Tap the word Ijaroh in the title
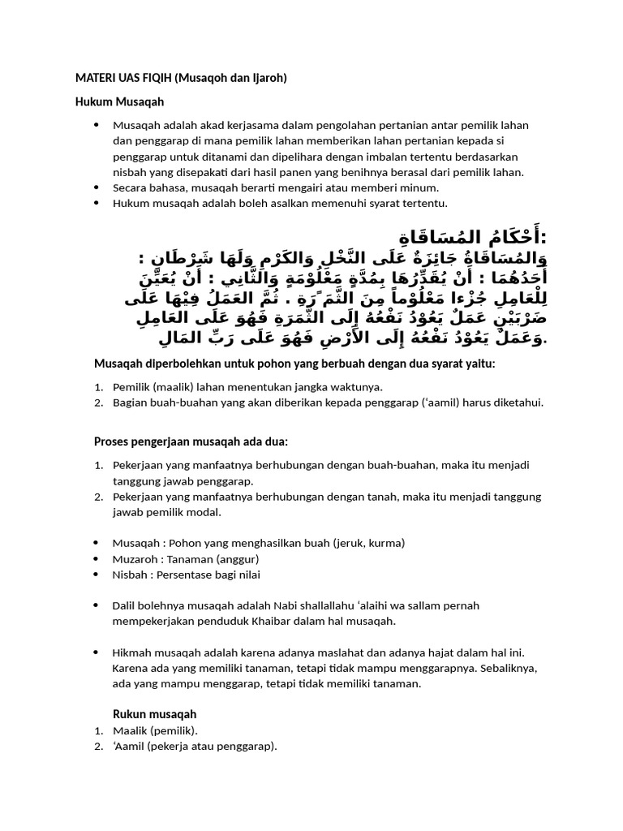point(265,79)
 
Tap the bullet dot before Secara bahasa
point(97,187)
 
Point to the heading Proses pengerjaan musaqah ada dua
point(191,441)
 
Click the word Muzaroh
point(135,558)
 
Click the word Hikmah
point(131,652)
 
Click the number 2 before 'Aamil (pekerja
point(97,746)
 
